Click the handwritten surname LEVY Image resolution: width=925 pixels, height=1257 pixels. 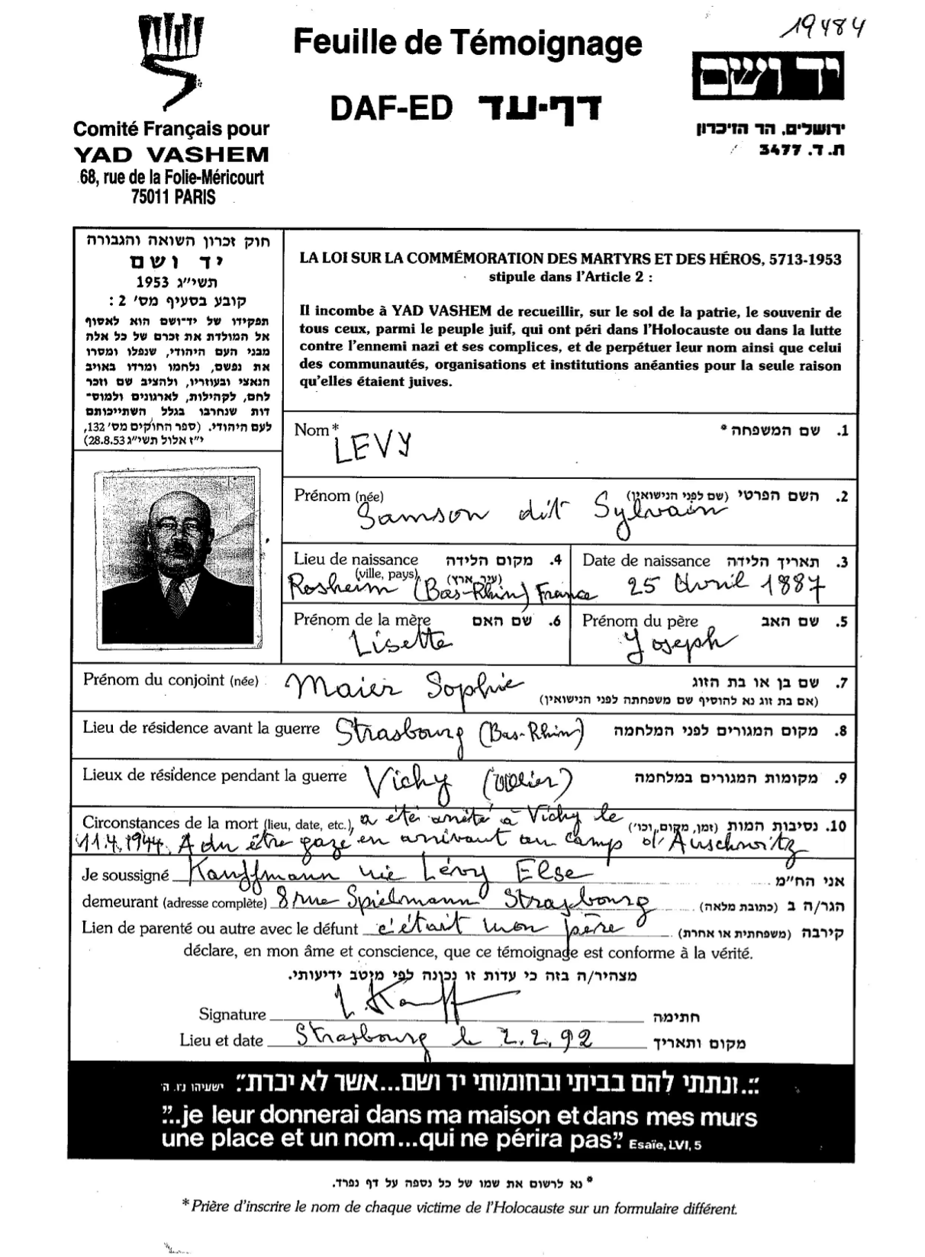[x=372, y=448]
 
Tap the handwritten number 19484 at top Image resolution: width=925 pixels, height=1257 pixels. [x=823, y=30]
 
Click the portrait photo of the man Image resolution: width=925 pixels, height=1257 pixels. [x=177, y=558]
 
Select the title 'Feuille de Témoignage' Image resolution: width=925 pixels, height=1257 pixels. [x=467, y=42]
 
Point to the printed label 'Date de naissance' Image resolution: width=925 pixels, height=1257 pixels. [x=646, y=561]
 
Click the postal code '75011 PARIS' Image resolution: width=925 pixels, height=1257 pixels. [x=173, y=197]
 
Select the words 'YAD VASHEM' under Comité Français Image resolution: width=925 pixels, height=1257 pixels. [x=172, y=155]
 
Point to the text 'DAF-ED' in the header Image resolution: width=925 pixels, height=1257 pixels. [x=392, y=109]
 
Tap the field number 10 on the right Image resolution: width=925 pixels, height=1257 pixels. [x=836, y=826]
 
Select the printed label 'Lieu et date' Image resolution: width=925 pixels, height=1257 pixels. [x=221, y=1040]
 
